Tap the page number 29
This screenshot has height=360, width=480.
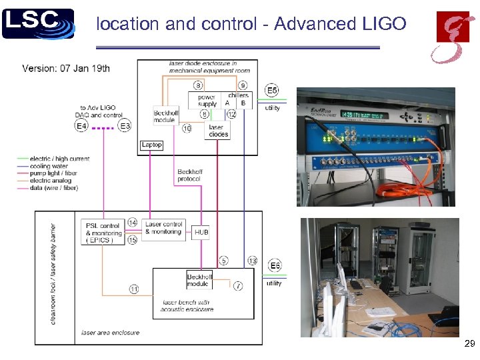(x=469, y=343)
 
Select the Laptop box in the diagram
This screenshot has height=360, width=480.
(x=151, y=145)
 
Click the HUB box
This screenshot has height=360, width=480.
(x=201, y=233)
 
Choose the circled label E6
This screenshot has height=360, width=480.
(x=275, y=267)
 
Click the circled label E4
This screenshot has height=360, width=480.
(x=81, y=125)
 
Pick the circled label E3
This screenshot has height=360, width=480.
(x=125, y=125)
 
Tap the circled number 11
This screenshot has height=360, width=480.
(x=133, y=289)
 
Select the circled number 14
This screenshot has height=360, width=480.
(x=132, y=223)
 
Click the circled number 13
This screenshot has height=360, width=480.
(x=252, y=260)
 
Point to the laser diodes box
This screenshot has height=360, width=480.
(x=218, y=131)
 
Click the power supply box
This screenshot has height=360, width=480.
(x=207, y=100)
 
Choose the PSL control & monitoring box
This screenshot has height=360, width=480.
(x=103, y=233)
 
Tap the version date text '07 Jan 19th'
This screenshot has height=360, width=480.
(x=83, y=68)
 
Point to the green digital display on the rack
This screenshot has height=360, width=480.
(x=364, y=115)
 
